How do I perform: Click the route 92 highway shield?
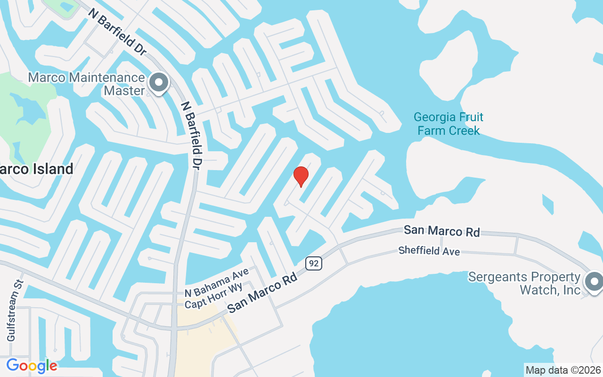coord(313,263)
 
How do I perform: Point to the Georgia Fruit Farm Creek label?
coord(448,123)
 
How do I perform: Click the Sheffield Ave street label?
coord(429,251)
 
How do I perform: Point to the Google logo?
coord(32,365)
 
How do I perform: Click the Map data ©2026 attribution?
coord(563,370)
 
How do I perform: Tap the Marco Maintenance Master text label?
coord(87,84)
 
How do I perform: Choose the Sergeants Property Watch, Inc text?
coord(524,283)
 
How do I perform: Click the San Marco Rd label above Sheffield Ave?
coord(441,231)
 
